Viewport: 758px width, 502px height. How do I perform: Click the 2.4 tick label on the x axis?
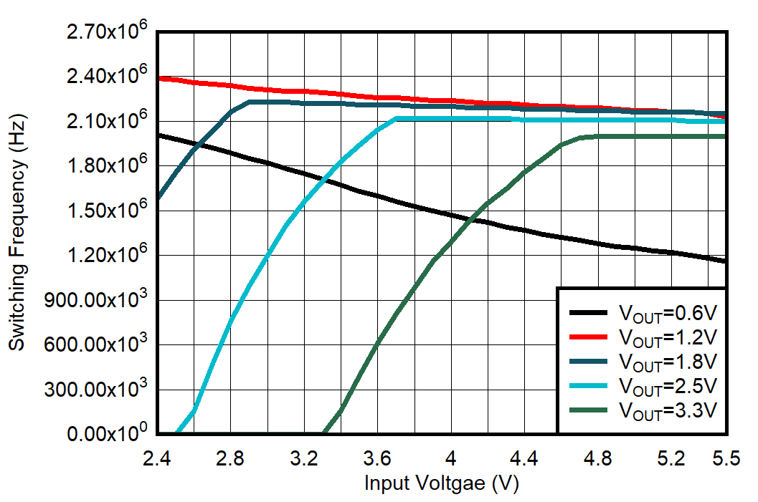tap(157, 458)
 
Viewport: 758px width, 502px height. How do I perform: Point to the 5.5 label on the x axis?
tap(726, 458)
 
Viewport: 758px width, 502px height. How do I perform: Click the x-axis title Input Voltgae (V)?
tap(441, 483)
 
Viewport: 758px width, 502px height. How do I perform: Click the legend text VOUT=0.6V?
tap(668, 313)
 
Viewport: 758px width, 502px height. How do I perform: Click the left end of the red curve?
tap(158, 77)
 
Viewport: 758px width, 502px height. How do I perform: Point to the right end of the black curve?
tap(726, 261)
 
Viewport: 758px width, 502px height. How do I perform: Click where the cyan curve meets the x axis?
tap(177, 433)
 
